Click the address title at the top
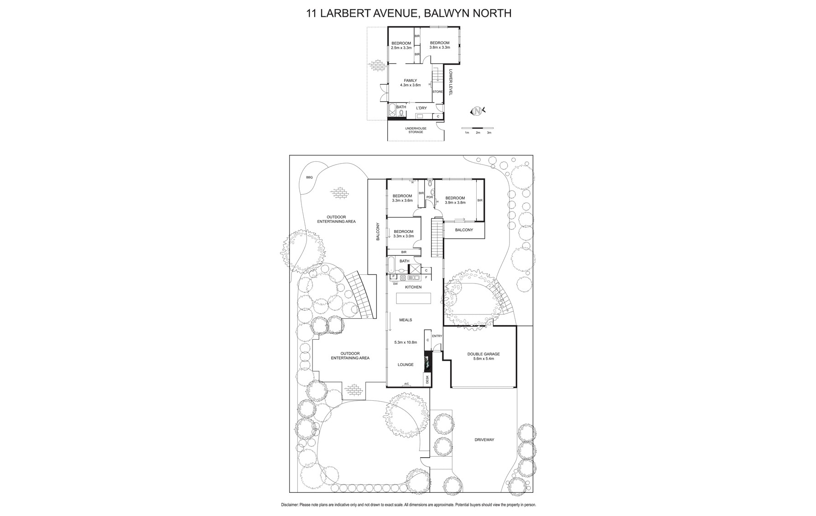tap(408, 13)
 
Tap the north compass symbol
tap(477, 110)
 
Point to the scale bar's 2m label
tap(478, 133)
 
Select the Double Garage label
tap(483, 354)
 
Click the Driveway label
tap(484, 440)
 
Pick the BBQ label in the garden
tap(309, 177)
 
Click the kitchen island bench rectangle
tap(413, 299)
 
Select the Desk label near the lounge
tap(427, 379)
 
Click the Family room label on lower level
tap(410, 81)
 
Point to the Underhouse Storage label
tap(416, 130)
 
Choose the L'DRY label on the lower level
tap(421, 108)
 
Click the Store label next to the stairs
tap(437, 92)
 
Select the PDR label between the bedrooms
tap(429, 197)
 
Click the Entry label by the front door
tap(437, 336)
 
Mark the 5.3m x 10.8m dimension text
tap(405, 342)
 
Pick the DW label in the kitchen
tap(395, 284)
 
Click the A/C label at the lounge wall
tap(406, 384)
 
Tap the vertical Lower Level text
tap(450, 82)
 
